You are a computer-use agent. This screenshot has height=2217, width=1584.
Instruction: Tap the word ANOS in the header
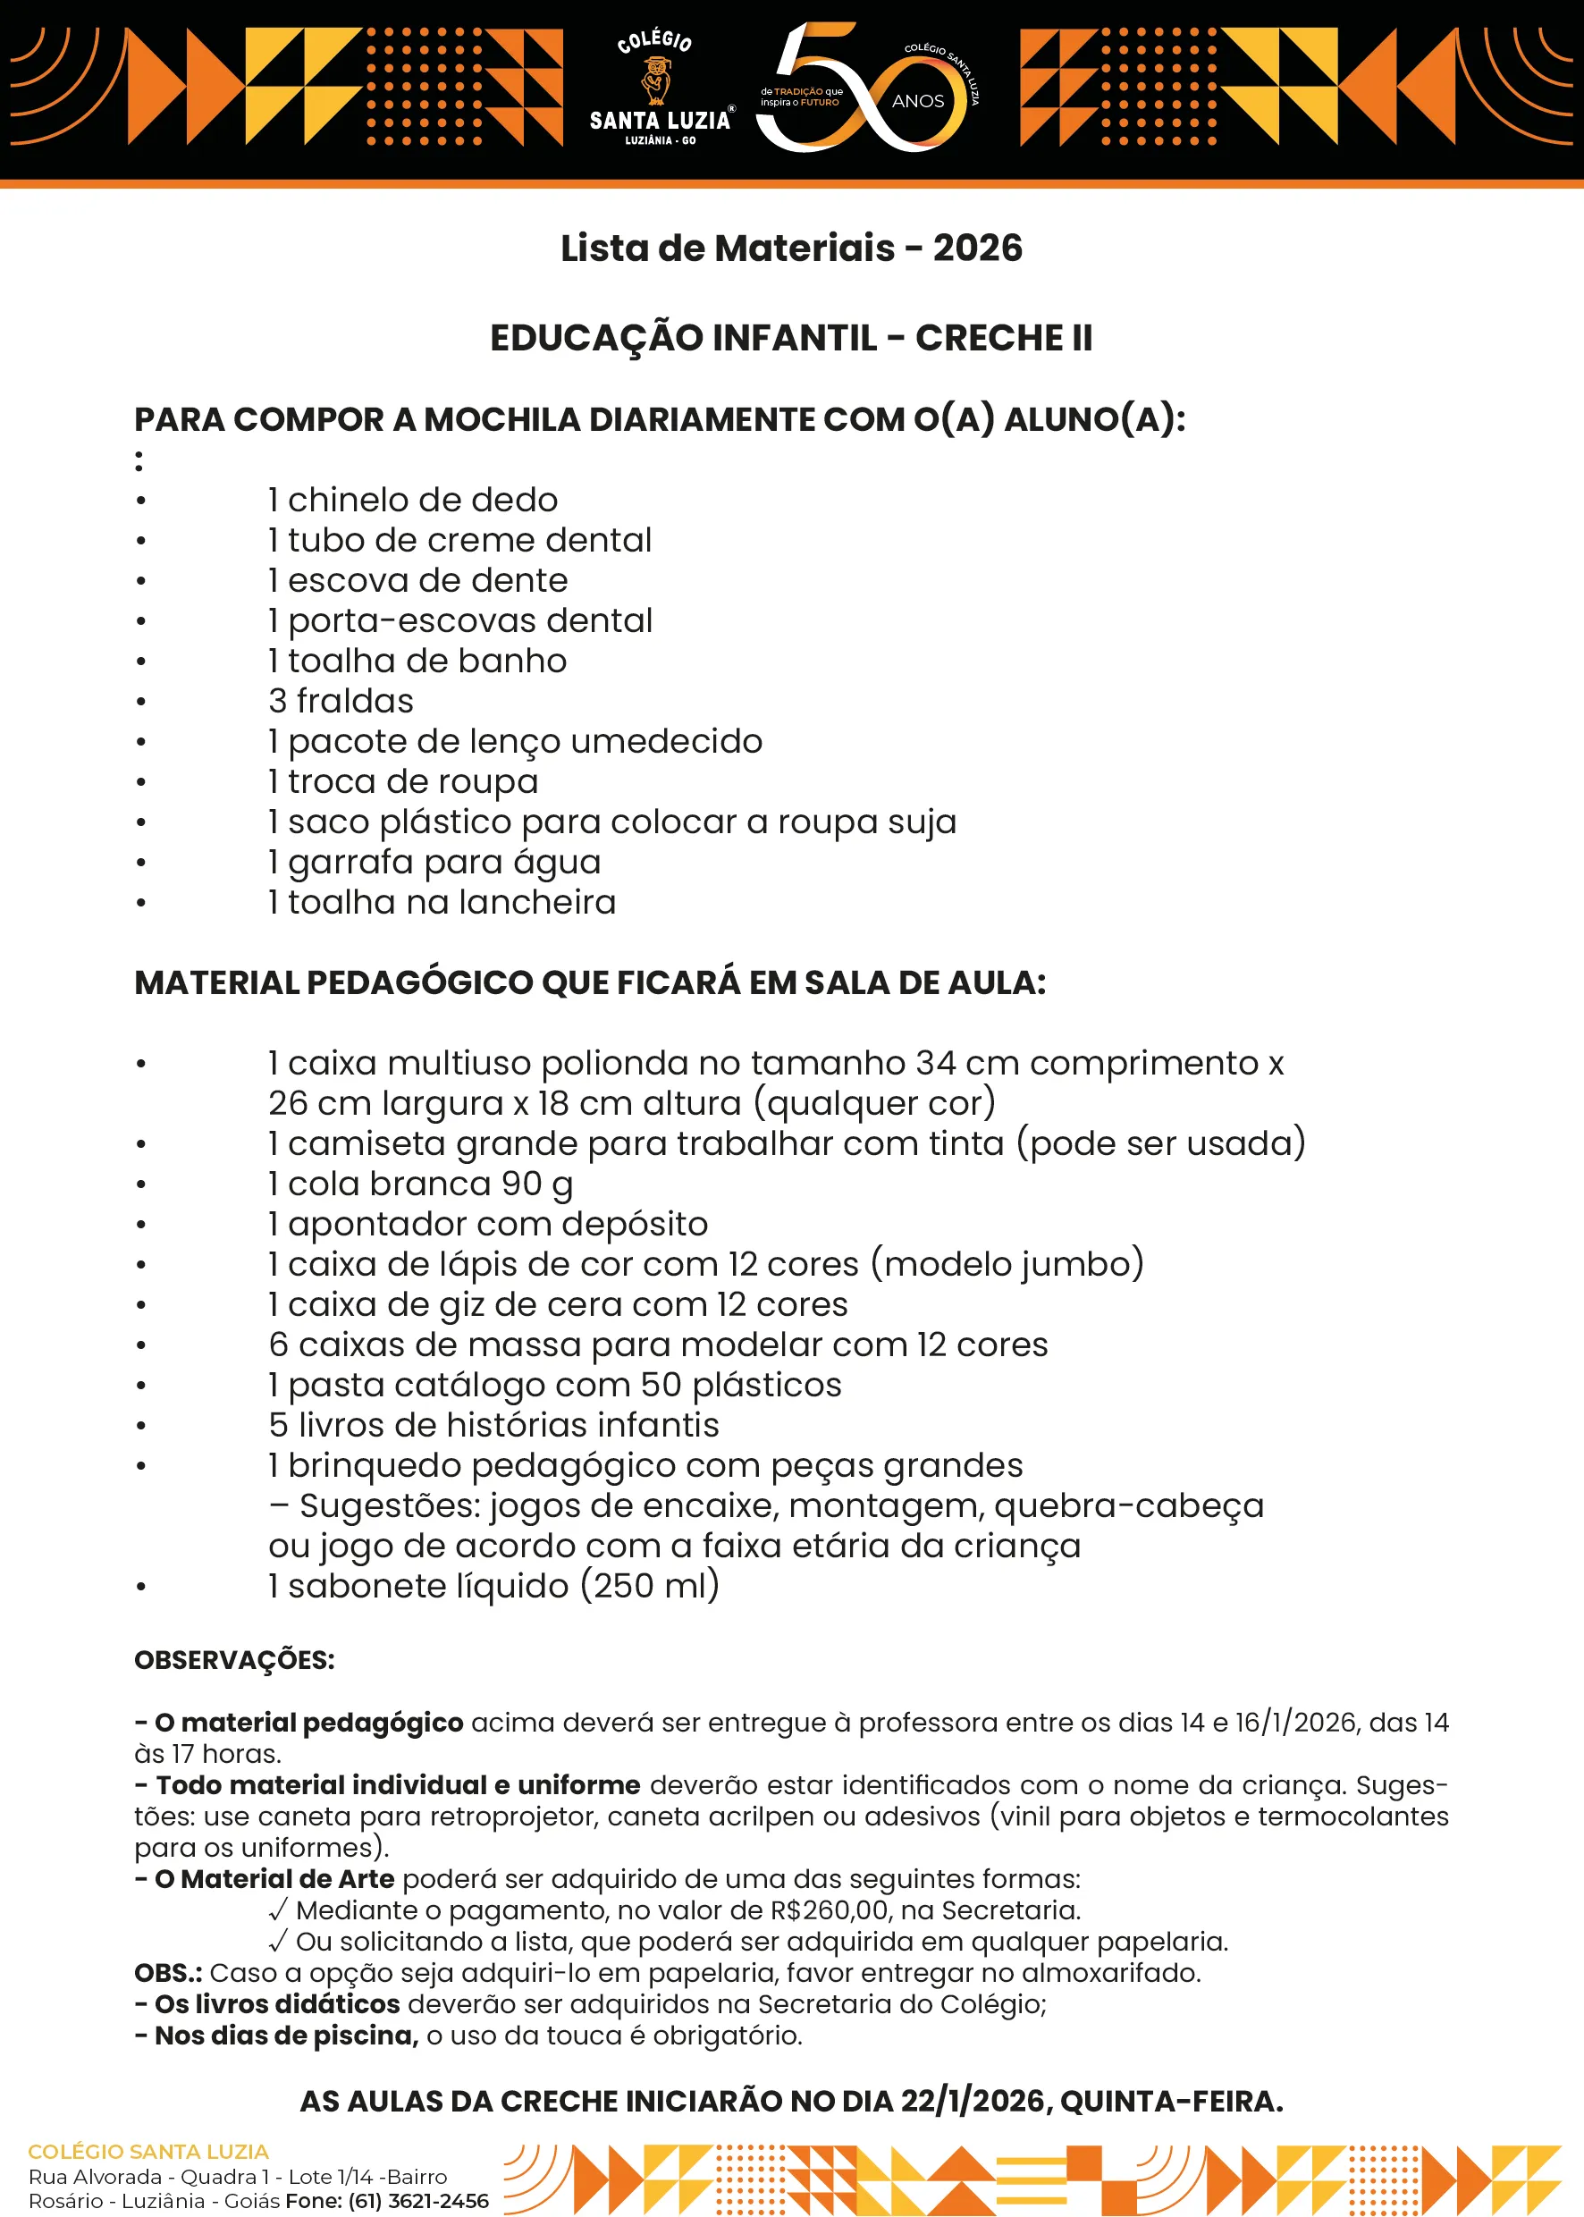(918, 101)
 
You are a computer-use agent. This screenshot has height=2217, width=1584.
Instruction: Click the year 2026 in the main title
(977, 248)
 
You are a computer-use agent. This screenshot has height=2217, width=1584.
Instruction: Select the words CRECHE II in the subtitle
(1004, 338)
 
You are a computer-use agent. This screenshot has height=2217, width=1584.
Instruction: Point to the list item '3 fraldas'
(341, 700)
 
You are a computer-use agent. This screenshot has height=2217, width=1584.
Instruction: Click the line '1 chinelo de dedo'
(413, 500)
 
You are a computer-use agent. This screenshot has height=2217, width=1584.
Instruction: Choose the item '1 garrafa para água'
(435, 861)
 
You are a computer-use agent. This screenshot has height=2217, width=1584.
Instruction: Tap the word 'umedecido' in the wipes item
(666, 741)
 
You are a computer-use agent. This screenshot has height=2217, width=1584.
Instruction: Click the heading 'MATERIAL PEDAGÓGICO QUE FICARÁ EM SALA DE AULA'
(590, 982)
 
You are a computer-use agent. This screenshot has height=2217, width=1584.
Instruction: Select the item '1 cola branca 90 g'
(420, 1183)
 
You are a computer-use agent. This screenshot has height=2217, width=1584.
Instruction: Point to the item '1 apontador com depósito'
(488, 1223)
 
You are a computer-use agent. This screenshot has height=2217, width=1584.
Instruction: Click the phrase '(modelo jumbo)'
(1007, 1264)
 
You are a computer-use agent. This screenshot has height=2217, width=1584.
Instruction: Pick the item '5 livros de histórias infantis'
(493, 1425)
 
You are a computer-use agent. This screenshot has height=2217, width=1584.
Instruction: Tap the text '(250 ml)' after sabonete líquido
(651, 1586)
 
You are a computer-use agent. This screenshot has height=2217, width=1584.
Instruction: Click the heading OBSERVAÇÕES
(234, 1660)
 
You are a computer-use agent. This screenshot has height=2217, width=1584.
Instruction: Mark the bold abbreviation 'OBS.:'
(168, 1973)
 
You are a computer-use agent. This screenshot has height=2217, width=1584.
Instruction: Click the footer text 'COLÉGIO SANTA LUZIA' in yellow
(148, 2152)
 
